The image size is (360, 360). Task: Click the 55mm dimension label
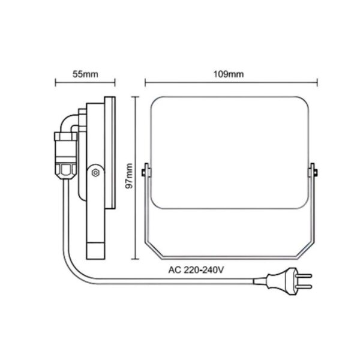(85, 74)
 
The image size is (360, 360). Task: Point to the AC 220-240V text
(199, 270)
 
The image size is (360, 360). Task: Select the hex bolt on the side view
(94, 173)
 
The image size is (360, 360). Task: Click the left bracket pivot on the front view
(145, 173)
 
